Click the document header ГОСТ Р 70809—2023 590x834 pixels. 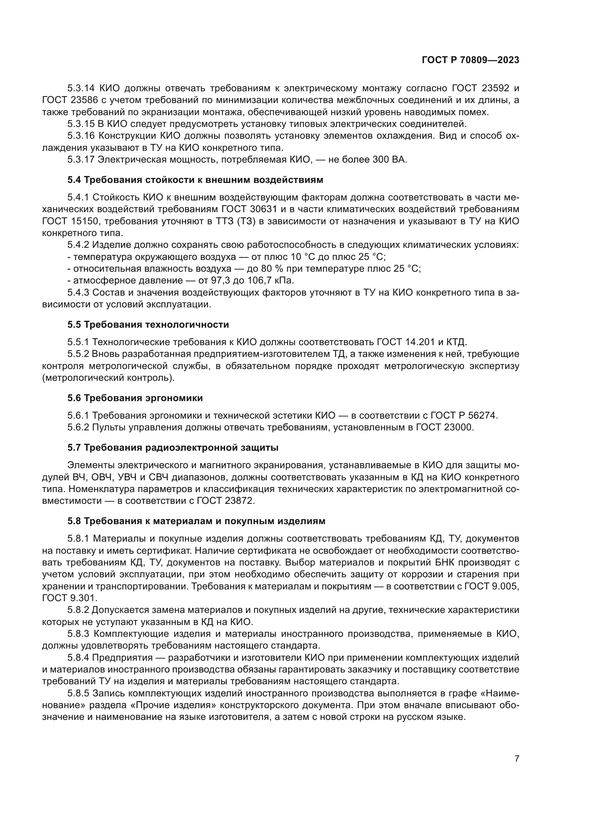click(x=470, y=60)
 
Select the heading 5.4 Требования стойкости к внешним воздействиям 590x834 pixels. click(x=195, y=180)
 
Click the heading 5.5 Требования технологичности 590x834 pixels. click(x=148, y=324)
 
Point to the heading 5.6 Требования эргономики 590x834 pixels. click(x=135, y=398)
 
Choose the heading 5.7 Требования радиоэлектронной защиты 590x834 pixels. click(x=173, y=447)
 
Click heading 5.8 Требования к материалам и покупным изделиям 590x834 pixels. click(x=196, y=521)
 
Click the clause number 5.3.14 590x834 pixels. click(x=81, y=88)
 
